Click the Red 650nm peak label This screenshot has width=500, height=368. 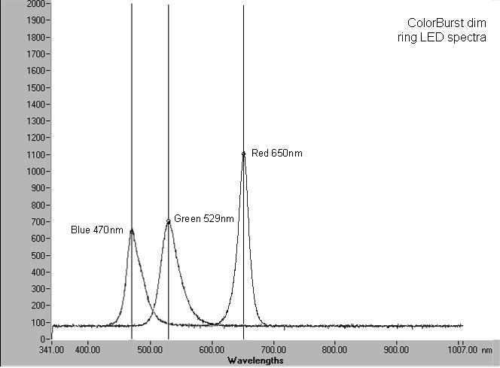(x=277, y=154)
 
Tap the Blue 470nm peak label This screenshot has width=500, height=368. (x=96, y=230)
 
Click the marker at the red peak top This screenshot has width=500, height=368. (x=243, y=154)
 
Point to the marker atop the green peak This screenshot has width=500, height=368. (x=168, y=221)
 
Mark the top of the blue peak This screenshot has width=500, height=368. (x=132, y=231)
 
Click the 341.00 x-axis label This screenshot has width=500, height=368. (x=51, y=350)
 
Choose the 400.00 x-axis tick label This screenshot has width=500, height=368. (x=88, y=350)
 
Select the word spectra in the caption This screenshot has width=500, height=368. (x=468, y=37)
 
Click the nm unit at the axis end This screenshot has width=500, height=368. (x=487, y=350)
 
